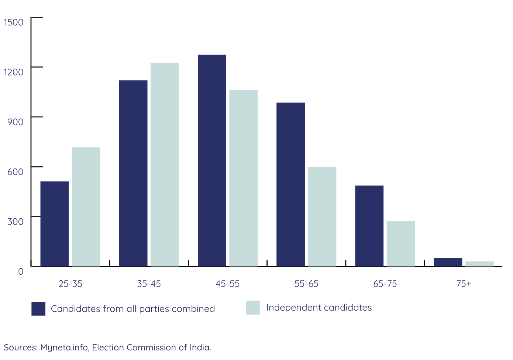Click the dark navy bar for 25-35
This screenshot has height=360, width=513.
coord(55,224)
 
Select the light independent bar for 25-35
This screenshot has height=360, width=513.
coord(86,207)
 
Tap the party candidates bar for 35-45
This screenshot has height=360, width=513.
coord(133,173)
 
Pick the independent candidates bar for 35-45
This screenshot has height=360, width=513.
coord(165,164)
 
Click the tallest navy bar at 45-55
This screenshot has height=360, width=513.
coord(212,160)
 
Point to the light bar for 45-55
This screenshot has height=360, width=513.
coord(243,178)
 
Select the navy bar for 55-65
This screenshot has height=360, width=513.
coord(290,184)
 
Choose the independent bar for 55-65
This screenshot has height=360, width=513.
coord(322,217)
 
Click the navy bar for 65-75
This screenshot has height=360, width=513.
coord(369,226)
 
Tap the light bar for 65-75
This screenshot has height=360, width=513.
coord(401,243)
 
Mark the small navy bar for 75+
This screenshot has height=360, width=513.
coord(448,262)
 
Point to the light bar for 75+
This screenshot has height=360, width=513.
coord(479,264)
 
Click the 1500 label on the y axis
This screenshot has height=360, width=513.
coord(14,22)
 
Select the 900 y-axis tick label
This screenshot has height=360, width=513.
coord(16,122)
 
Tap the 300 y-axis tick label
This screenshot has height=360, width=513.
coord(16,222)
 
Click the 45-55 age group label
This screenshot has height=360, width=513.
coord(227,284)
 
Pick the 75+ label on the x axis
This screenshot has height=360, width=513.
coord(464,284)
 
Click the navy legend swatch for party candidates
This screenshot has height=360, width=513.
coord(38,309)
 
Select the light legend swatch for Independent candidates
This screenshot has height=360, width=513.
coord(253,308)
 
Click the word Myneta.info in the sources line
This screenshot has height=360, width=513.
coord(64,347)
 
